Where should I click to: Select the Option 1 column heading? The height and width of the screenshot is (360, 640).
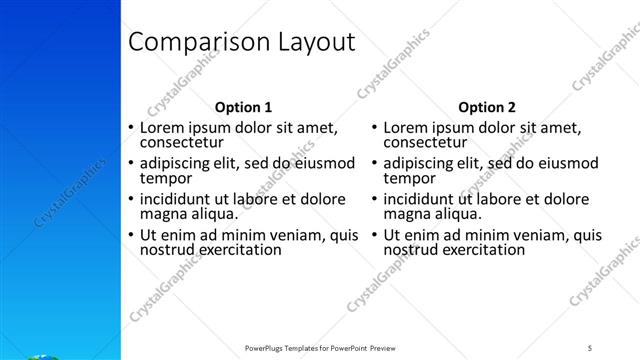(243, 107)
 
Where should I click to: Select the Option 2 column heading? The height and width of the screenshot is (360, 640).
(487, 107)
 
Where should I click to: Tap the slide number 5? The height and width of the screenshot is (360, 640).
(590, 347)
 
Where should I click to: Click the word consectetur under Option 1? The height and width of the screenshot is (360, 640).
(180, 143)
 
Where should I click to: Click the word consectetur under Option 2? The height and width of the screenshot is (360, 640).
(424, 143)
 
